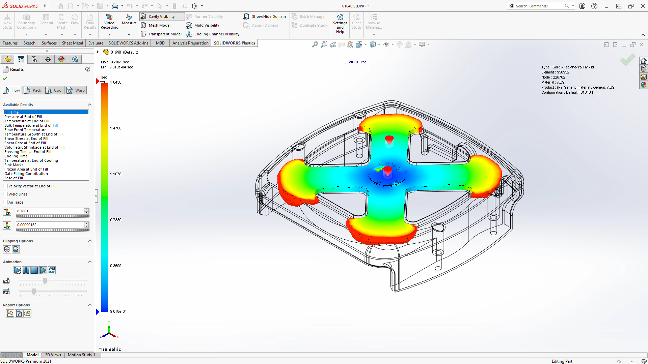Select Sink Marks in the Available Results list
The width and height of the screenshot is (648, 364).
(14, 165)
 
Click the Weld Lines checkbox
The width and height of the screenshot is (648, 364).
(5, 194)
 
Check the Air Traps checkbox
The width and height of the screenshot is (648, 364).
(5, 202)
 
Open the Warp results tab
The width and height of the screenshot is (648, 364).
(76, 90)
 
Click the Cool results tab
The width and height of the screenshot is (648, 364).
(55, 90)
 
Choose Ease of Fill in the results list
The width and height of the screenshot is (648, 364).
(14, 178)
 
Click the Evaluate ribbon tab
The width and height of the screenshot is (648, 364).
(96, 43)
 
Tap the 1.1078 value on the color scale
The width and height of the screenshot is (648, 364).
(115, 174)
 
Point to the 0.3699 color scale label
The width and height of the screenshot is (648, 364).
(115, 266)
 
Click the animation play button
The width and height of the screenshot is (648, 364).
(17, 270)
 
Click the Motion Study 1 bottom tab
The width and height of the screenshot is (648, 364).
(81, 355)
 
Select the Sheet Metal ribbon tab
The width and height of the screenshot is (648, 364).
(72, 43)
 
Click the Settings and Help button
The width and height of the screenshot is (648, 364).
(340, 23)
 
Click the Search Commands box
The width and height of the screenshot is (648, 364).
(539, 6)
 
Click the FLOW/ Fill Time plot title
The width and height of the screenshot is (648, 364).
(354, 62)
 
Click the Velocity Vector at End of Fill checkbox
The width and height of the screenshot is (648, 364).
(5, 186)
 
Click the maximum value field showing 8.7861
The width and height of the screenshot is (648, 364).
(50, 211)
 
